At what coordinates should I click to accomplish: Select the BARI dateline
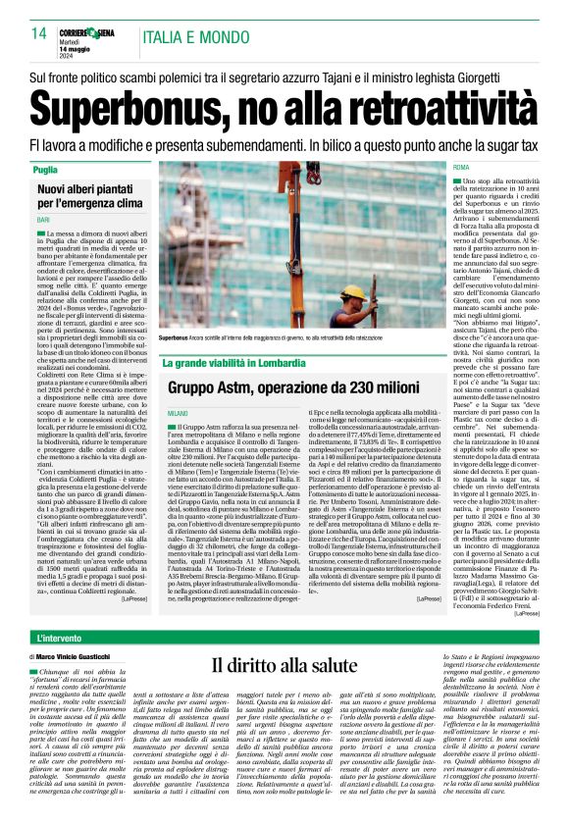pyautogui.click(x=43, y=221)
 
